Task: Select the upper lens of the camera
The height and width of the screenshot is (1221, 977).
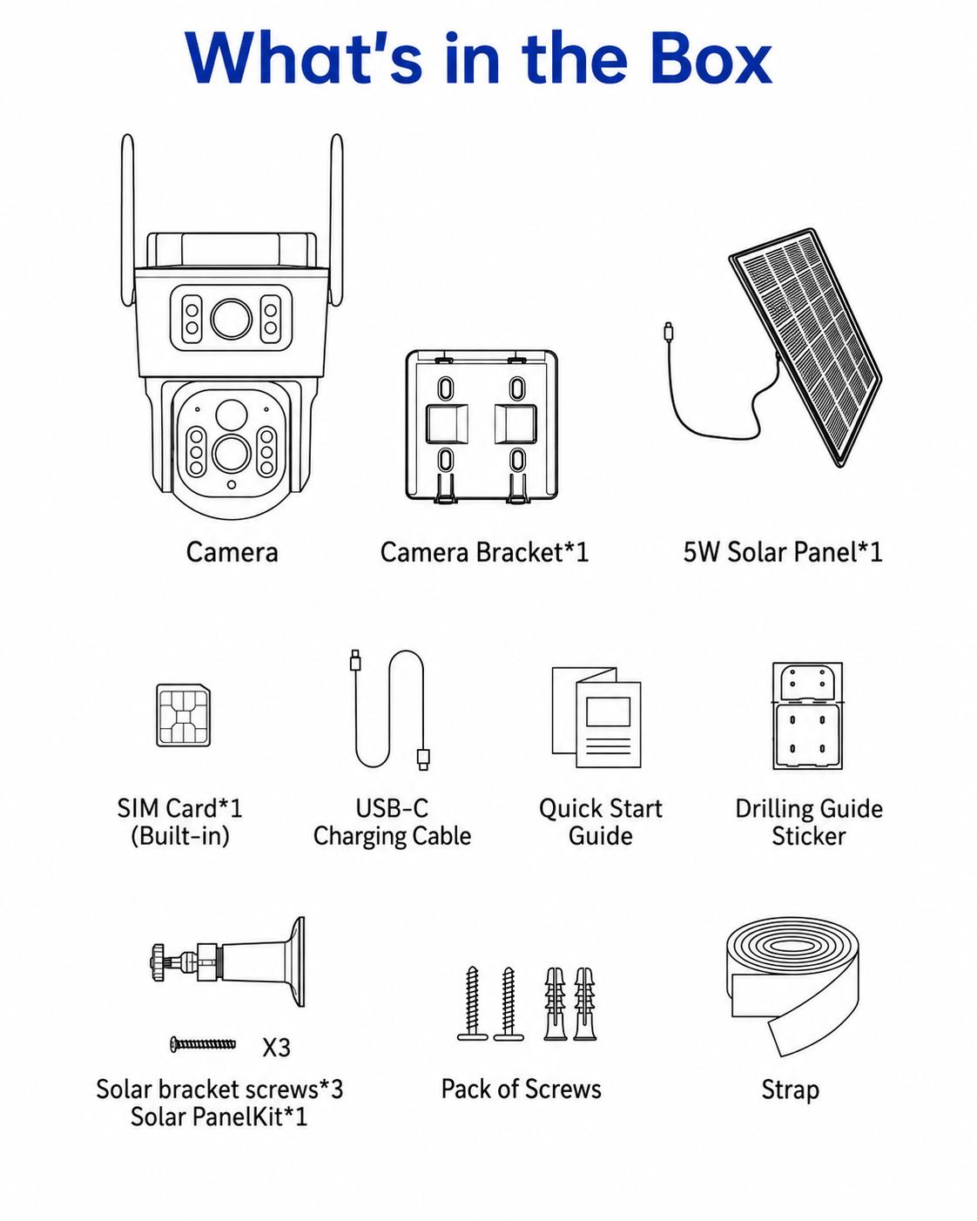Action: coord(232,319)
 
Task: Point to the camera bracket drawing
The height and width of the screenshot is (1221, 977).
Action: coord(482,427)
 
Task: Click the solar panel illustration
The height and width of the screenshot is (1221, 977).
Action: coord(805,347)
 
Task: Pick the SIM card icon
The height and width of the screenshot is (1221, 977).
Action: coord(183,716)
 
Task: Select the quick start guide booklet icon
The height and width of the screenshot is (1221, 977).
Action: coord(596,717)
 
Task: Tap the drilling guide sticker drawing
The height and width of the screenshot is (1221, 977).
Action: coord(807,716)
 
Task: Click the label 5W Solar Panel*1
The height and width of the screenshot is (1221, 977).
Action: coord(783,551)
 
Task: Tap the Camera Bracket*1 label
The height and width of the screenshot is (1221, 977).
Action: coord(484,552)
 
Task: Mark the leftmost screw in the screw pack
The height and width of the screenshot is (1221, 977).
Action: coord(472,1003)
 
